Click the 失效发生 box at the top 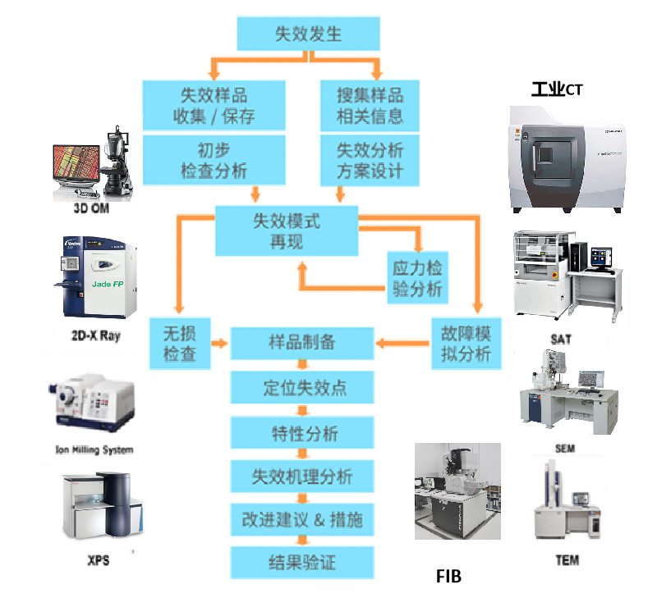[x=308, y=34]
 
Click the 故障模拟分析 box [x=466, y=343]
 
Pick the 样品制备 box [x=302, y=343]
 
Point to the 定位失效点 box [x=302, y=387]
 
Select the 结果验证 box [x=302, y=563]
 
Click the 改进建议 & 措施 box [x=302, y=519]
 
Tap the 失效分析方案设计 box [x=370, y=161]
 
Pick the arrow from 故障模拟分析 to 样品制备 [x=402, y=343]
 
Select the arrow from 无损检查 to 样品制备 [x=218, y=343]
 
